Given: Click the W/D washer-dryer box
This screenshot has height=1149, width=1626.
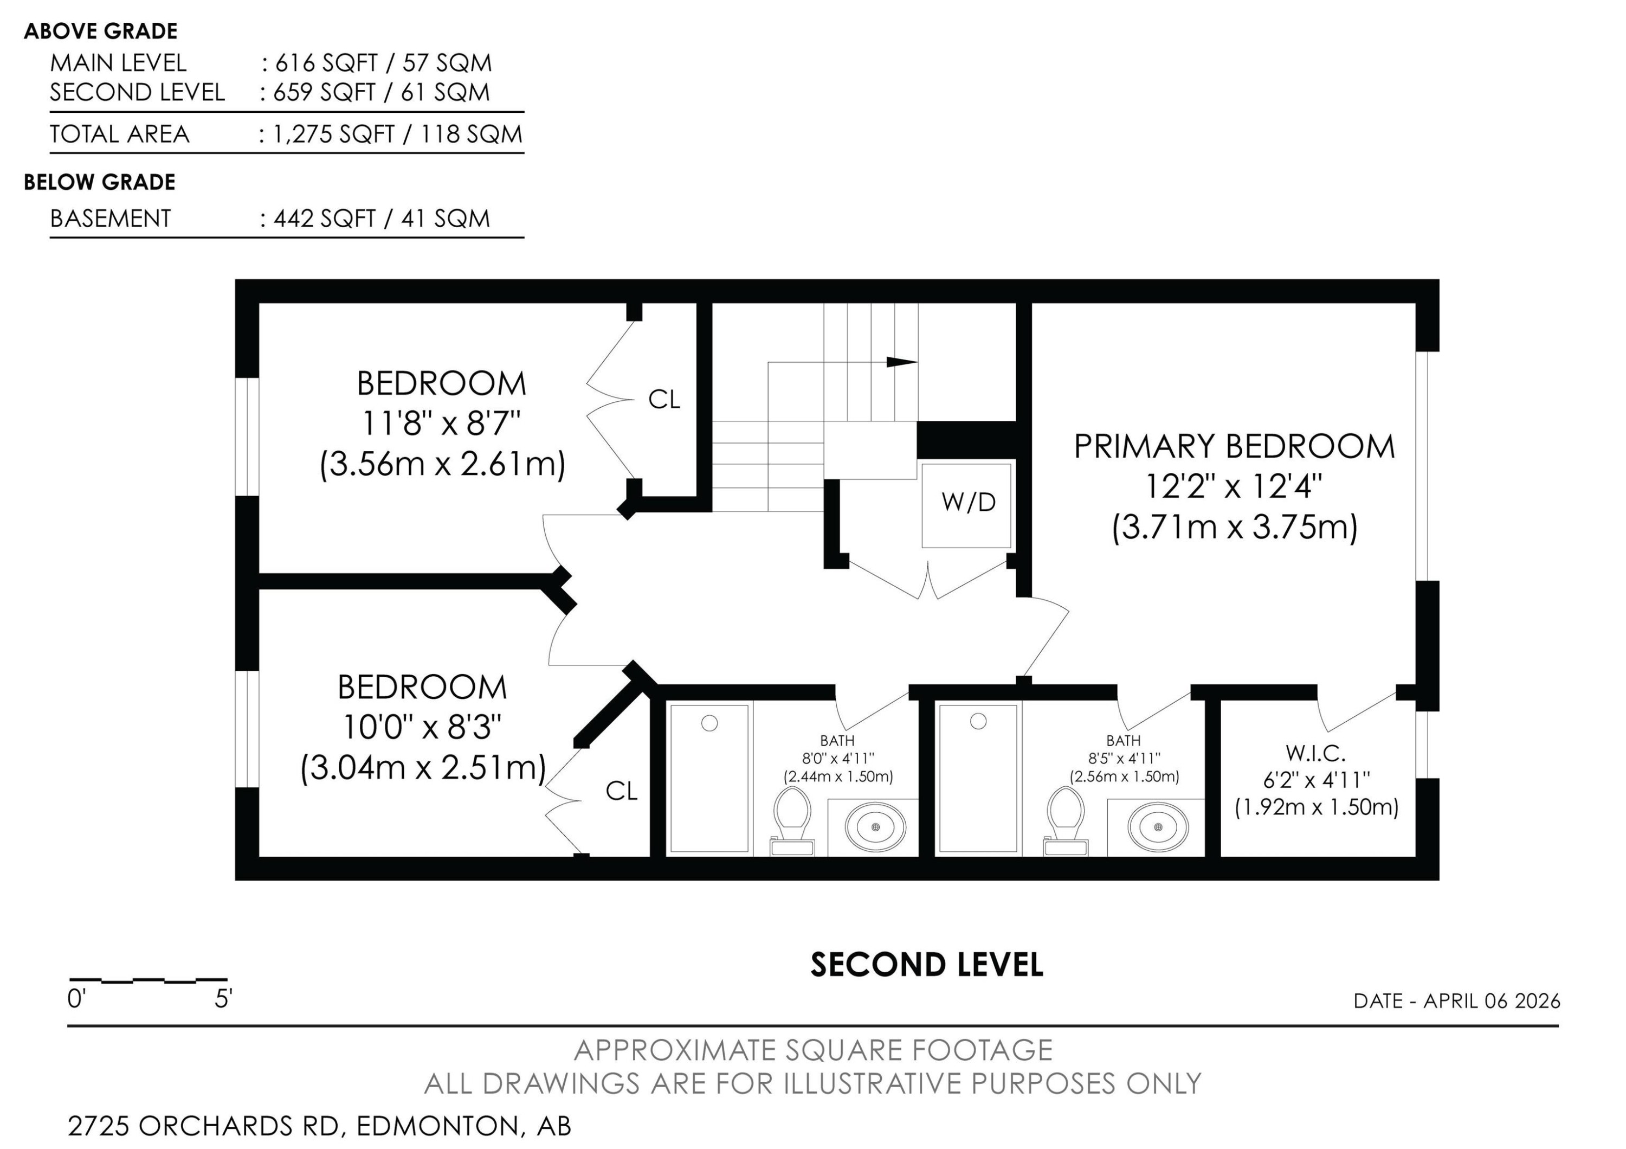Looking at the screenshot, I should click(x=967, y=504).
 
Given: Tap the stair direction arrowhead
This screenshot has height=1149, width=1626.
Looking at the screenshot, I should click(x=901, y=362).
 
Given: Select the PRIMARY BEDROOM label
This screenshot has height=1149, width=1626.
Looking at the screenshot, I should click(x=1234, y=447).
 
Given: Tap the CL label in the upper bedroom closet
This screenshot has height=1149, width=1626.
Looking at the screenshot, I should click(x=663, y=400).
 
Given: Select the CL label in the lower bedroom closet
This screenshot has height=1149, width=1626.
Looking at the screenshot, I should click(x=621, y=791).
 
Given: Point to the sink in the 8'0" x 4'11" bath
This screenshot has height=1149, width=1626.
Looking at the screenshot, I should click(x=876, y=827).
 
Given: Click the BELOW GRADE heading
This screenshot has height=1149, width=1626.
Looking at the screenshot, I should click(x=99, y=183).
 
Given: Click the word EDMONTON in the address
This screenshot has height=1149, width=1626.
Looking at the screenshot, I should click(x=437, y=1126).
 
